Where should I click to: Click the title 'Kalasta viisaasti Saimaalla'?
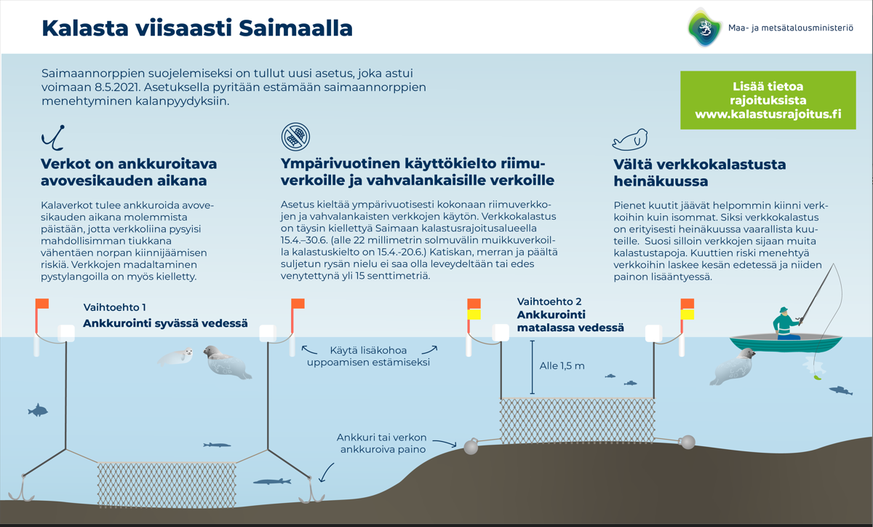[197, 28]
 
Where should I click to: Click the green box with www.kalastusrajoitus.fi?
[768, 100]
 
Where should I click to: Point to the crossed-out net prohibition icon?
[295, 136]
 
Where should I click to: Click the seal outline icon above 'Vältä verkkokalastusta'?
[629, 139]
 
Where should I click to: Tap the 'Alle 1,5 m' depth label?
[562, 366]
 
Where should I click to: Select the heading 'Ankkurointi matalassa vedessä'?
[570, 321]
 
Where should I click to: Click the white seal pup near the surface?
[176, 356]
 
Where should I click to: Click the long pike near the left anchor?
[272, 481]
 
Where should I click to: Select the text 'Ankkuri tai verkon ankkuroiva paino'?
[381, 443]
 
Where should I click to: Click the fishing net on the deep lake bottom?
[167, 481]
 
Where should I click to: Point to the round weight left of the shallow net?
[471, 445]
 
